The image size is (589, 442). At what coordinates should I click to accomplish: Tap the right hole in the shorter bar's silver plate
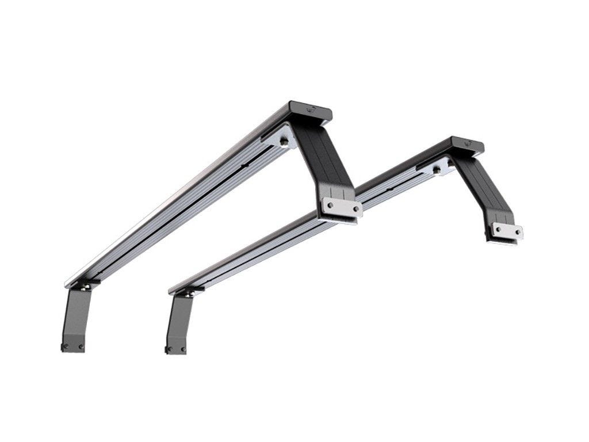pos(517,233)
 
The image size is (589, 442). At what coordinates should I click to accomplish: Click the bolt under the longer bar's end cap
pos(285,140)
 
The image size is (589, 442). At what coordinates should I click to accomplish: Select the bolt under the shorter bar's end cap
pos(438,169)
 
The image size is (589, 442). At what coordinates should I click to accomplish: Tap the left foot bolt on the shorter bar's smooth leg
pos(169,349)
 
